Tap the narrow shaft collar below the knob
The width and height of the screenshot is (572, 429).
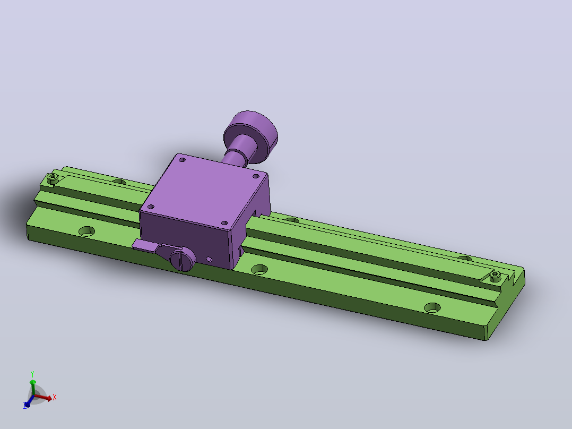235,157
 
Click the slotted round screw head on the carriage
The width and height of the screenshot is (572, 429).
183,259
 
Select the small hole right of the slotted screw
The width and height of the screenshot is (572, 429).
209,259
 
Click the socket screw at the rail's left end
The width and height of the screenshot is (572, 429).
53,178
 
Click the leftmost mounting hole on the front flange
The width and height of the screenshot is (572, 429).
87,231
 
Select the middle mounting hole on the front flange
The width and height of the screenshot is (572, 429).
260,269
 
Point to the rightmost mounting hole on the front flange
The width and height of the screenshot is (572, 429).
432,308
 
